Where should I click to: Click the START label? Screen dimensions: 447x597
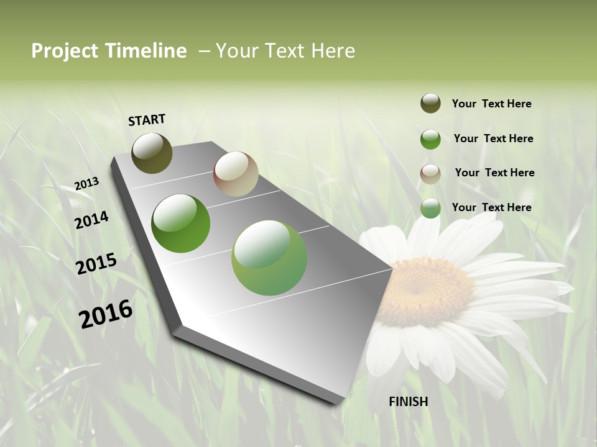pos(147,120)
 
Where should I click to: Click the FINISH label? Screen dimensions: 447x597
pos(408,402)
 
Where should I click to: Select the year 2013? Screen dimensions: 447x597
pos(86,184)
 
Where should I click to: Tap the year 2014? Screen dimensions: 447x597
pos(91,220)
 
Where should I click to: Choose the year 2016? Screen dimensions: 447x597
pos(106,314)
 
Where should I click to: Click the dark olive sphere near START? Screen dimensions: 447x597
pos(152,153)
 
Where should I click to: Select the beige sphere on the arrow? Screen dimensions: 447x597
pos(236,174)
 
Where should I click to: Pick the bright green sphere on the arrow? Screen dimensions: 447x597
pos(180,223)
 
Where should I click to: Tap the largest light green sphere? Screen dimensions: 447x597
pos(269,258)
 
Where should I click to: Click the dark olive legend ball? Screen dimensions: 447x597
pos(430,103)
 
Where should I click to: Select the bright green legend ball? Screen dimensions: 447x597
pos(430,139)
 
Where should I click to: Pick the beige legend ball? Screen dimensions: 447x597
pos(430,174)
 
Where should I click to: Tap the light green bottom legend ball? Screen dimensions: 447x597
pos(430,209)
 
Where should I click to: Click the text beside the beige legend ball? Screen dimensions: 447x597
pos(494,173)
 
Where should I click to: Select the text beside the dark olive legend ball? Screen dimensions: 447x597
pos(491,104)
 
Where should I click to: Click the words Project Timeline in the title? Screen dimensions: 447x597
pos(109,51)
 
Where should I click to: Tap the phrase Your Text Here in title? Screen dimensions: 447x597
pos(285,51)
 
